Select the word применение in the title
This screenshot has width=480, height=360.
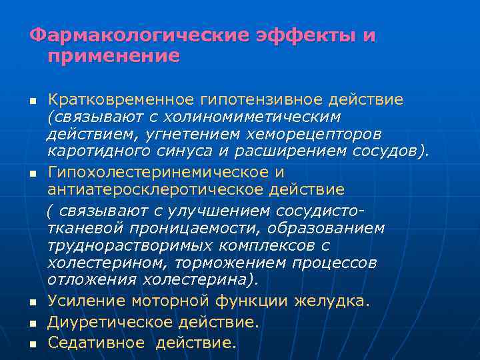coord(114,55)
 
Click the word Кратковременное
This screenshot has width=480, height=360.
coord(120,100)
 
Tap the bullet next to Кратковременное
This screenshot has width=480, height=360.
coord(31,102)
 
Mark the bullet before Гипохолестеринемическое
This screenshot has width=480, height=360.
coord(31,174)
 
